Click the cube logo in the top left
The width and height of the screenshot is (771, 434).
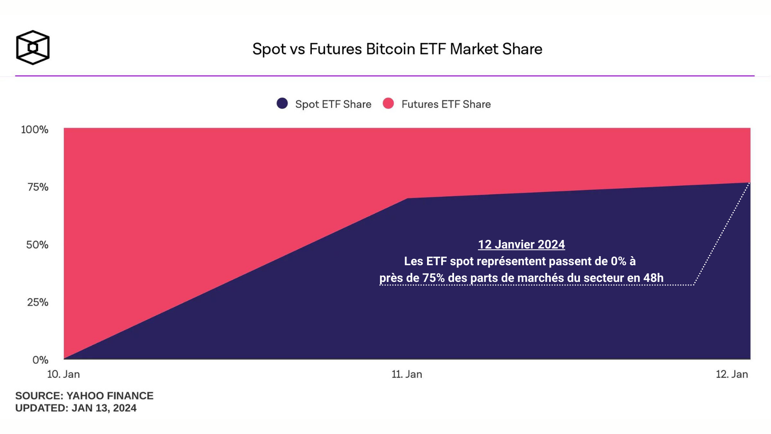[x=33, y=48]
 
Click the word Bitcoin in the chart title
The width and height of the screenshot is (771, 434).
[x=390, y=49]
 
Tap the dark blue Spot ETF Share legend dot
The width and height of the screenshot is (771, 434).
[x=282, y=104]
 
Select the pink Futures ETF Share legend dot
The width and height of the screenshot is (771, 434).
[x=388, y=104]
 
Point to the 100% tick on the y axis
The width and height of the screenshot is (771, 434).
[x=35, y=129]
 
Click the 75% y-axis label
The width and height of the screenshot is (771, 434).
[x=38, y=187]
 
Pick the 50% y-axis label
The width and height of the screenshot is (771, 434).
[x=37, y=245]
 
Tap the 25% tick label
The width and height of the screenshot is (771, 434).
[x=38, y=302]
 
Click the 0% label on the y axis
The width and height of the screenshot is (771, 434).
[x=40, y=360]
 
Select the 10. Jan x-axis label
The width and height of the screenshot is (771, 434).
[x=63, y=374]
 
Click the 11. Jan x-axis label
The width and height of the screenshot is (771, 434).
[x=406, y=374]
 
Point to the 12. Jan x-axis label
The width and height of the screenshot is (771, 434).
[x=732, y=374]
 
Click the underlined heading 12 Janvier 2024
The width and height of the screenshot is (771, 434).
[x=521, y=244]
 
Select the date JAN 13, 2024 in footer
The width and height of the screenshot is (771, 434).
[x=104, y=408]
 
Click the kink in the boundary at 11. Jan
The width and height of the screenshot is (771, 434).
[x=407, y=198]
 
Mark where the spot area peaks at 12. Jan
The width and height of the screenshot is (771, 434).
[x=750, y=183]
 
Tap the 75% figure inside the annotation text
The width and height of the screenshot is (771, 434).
[x=433, y=278]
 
